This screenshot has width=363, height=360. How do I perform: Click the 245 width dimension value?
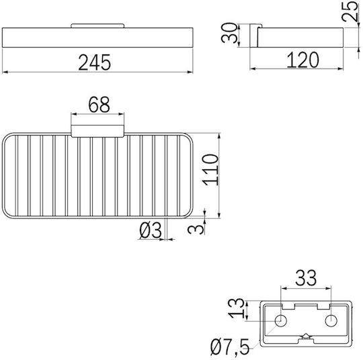(95, 62)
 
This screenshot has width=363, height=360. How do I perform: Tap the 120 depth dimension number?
(302, 60)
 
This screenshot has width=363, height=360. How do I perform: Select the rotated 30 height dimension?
(229, 33)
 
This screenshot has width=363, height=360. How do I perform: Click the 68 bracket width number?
(99, 105)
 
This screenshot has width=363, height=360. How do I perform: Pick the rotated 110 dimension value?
(210, 170)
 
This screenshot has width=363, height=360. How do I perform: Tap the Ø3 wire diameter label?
(151, 230)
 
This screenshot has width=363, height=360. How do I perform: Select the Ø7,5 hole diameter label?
(230, 347)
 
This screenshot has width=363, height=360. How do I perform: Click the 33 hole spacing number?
(306, 277)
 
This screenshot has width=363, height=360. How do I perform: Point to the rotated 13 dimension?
(236, 308)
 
